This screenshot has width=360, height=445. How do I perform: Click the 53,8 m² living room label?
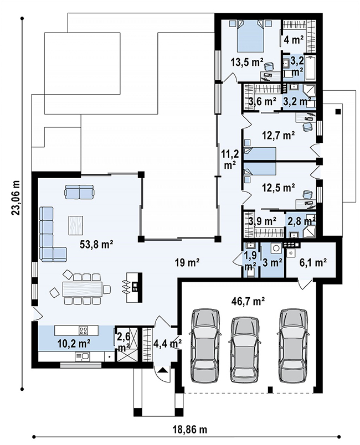click(x=96, y=244)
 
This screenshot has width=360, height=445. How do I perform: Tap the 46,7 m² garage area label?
click(x=248, y=301)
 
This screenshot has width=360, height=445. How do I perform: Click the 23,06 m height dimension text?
click(x=16, y=198)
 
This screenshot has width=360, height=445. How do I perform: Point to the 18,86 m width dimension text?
click(x=190, y=430)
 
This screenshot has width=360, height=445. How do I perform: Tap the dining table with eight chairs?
click(x=82, y=289)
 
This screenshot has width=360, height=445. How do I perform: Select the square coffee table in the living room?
click(x=75, y=225)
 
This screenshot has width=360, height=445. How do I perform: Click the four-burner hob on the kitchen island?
click(x=84, y=330)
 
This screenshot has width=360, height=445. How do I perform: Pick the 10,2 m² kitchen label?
click(x=74, y=344)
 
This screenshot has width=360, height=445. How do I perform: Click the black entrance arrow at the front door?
click(x=162, y=370)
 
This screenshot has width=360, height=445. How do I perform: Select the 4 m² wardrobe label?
click(x=294, y=40)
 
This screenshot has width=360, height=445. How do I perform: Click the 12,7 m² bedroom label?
click(x=277, y=136)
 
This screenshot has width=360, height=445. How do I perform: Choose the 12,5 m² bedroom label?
click(x=277, y=187)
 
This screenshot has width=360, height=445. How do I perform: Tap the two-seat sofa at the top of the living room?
click(x=79, y=192)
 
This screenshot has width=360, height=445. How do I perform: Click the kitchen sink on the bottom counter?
click(x=83, y=356)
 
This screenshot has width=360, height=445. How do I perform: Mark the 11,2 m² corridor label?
click(x=230, y=159)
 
